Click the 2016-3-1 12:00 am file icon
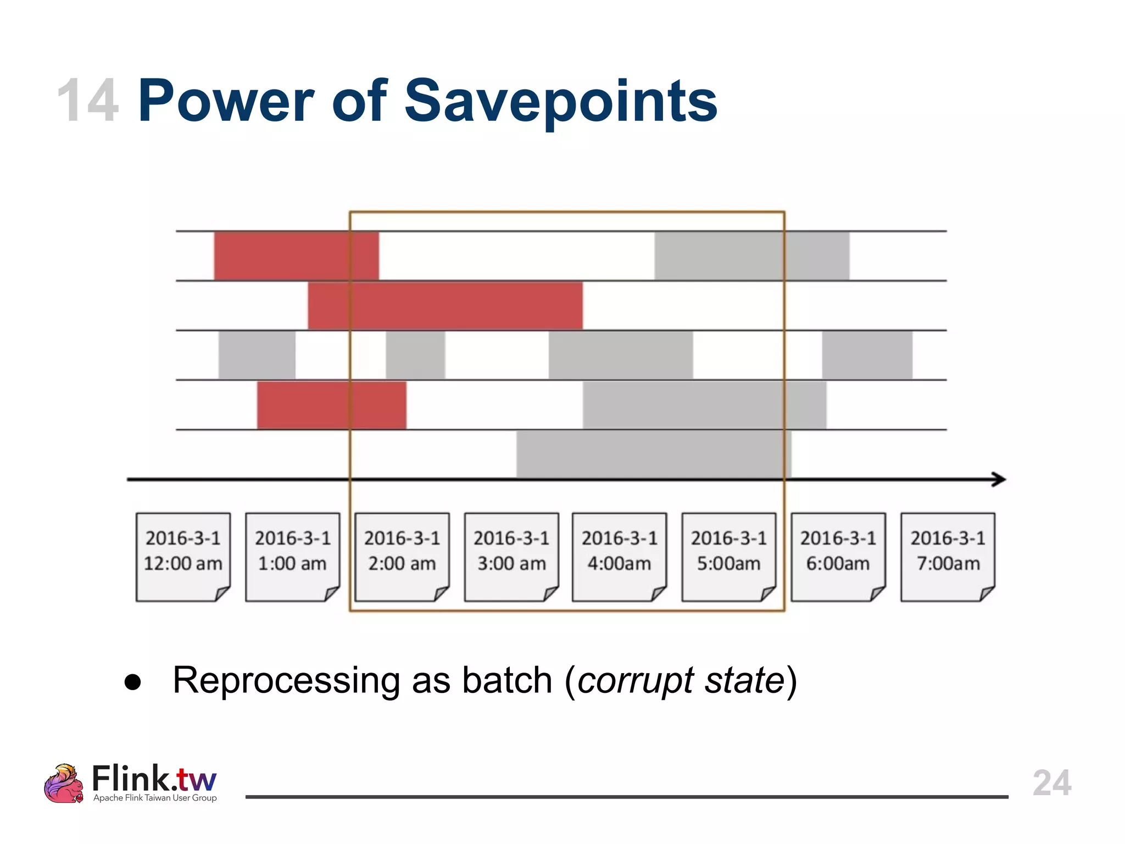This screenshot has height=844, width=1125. tap(183, 557)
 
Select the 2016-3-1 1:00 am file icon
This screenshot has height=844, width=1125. tap(292, 557)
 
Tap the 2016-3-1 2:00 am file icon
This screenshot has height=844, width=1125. tap(402, 557)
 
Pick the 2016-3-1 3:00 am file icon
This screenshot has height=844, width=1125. tap(511, 557)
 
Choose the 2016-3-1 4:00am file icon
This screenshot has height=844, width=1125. tap(619, 557)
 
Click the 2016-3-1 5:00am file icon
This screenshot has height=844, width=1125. tap(728, 557)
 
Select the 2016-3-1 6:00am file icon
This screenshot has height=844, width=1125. tap(838, 557)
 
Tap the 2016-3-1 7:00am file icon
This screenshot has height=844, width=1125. tap(948, 557)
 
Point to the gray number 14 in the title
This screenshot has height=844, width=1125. tap(88, 102)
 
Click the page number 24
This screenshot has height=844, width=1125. tap(1051, 782)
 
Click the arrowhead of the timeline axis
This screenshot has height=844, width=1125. tap(999, 479)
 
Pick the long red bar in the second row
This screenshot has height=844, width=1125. tap(445, 306)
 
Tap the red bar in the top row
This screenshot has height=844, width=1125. tap(296, 256)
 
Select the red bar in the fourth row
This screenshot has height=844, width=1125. tap(331, 405)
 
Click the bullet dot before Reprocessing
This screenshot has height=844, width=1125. tap(133, 682)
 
